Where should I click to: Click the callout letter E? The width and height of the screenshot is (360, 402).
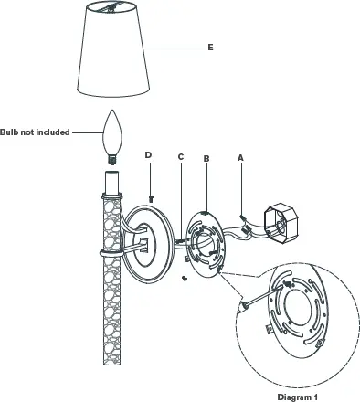pyautogui.click(x=210, y=45)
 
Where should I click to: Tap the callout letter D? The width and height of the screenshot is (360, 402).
pyautogui.click(x=149, y=156)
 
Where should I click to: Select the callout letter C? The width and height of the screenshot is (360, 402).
pyautogui.click(x=181, y=157)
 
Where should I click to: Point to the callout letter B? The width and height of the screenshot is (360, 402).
pyautogui.click(x=207, y=157)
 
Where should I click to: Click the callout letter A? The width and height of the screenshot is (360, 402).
pyautogui.click(x=240, y=157)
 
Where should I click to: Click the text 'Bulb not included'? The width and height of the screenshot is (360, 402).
pyautogui.click(x=36, y=132)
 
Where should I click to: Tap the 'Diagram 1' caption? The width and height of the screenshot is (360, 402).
pyautogui.click(x=297, y=397)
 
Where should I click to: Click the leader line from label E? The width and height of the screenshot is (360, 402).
pyautogui.click(x=177, y=46)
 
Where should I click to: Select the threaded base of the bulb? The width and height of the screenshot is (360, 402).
pyautogui.click(x=112, y=158)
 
